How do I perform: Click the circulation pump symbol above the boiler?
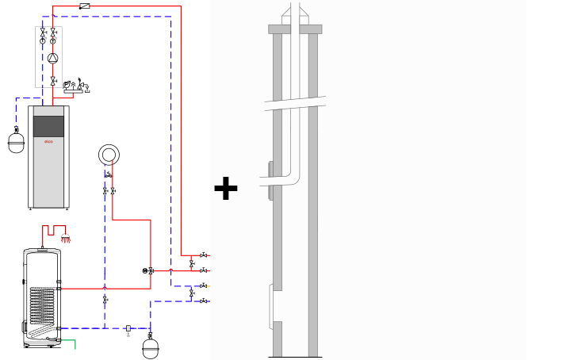53,58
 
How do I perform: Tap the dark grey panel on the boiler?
48,126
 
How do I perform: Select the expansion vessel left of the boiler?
16,143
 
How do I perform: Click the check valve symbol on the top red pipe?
84,6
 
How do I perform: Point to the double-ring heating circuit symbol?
109,154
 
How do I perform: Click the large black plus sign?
226,189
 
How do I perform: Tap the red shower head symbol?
66,238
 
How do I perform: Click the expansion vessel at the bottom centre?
149,347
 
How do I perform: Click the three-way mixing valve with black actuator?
149,270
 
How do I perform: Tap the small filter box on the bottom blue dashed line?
128,327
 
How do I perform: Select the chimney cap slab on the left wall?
278,29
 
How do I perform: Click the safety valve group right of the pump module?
77,86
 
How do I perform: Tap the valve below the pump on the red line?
53,82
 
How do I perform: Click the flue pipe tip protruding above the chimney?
295,10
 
